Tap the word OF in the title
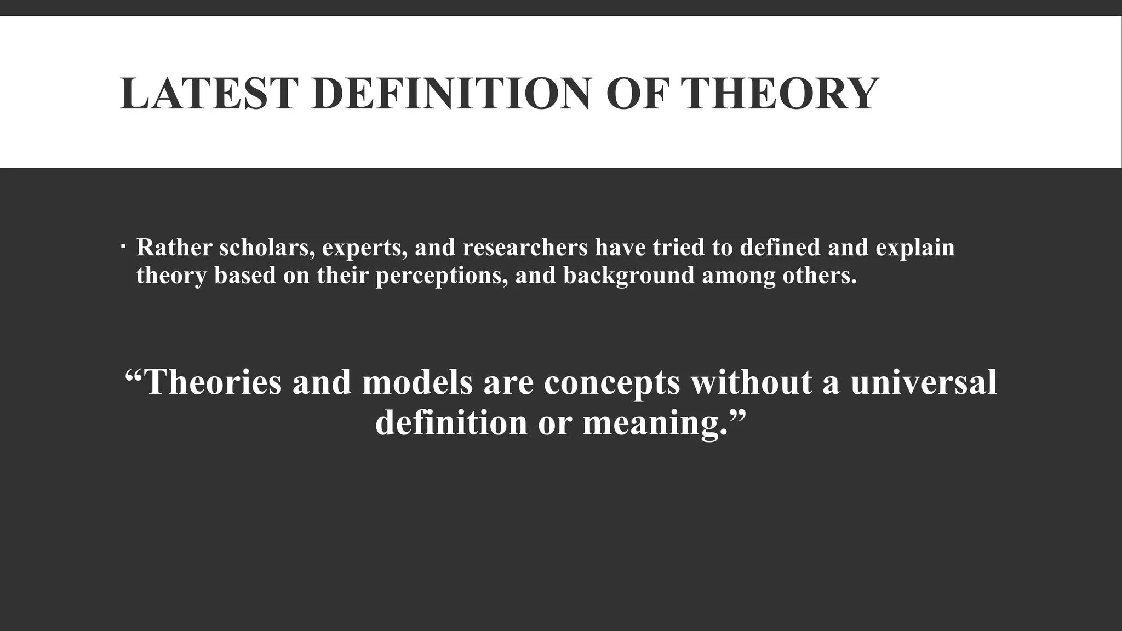coord(640,94)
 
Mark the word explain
coord(915,249)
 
